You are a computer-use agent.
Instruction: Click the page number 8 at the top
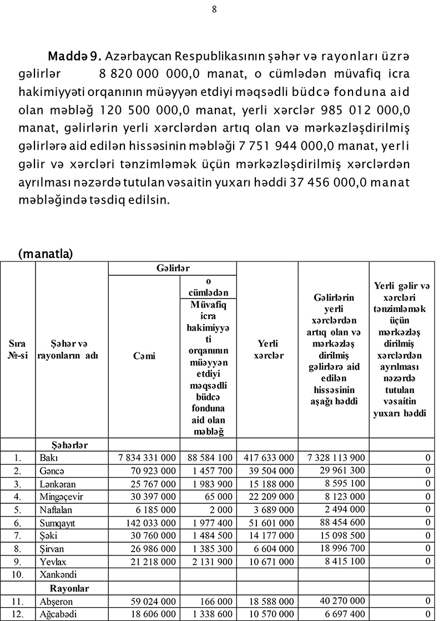(214, 9)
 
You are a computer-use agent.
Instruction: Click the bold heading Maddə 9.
(73, 57)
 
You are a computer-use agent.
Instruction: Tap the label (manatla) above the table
(46, 254)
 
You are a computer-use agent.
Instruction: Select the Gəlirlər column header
(172, 269)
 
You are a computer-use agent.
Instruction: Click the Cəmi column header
(144, 356)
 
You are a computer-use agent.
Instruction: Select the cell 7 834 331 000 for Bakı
(148, 458)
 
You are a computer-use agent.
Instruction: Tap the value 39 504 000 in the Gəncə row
(269, 471)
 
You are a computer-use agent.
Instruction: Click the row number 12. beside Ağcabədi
(18, 614)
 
